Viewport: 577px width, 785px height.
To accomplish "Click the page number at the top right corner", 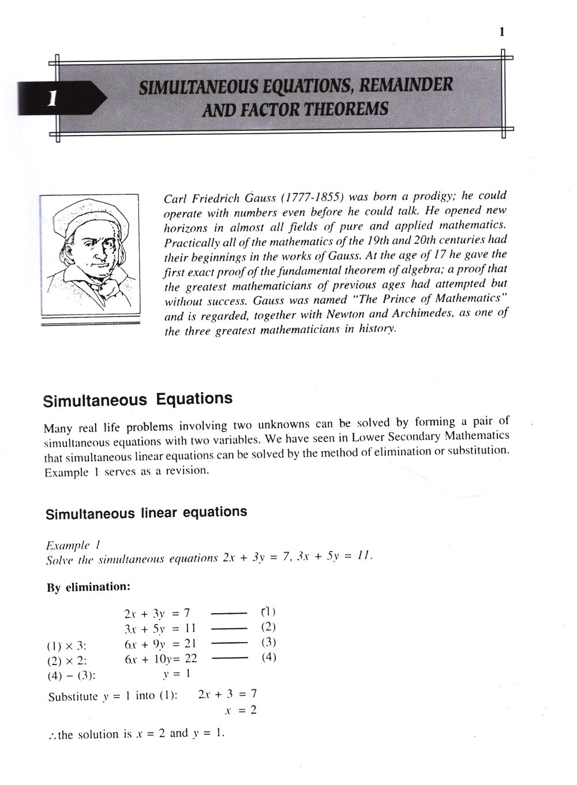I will [x=502, y=32].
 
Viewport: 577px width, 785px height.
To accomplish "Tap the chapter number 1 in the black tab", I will [x=51, y=97].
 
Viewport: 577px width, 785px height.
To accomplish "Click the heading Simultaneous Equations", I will [x=138, y=399].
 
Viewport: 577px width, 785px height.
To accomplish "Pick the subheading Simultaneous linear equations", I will [x=146, y=512].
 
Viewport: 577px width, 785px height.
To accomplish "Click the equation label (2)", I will [x=268, y=627].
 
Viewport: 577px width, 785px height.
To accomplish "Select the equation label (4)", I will [x=269, y=657].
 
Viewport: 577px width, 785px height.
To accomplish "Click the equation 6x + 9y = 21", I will [x=160, y=644].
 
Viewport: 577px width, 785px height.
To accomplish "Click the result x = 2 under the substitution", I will [x=241, y=710].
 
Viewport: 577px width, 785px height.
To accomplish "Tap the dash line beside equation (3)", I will [x=230, y=643].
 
